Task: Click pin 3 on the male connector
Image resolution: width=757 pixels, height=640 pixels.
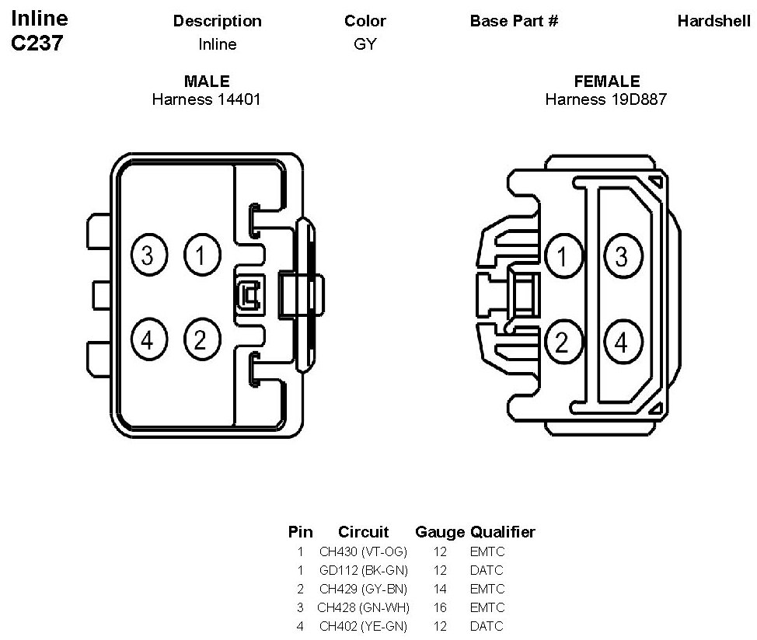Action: [149, 255]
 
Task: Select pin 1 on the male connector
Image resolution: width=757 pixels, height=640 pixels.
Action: [202, 255]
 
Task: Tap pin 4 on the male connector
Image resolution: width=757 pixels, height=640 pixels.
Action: [149, 339]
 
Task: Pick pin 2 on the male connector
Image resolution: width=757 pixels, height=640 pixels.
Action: [202, 339]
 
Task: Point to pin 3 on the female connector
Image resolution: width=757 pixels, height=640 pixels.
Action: [622, 256]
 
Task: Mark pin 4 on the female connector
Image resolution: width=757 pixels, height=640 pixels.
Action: [622, 342]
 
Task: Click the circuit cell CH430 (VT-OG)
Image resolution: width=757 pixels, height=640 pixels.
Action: [363, 552]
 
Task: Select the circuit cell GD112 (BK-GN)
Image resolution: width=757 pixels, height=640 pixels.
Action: [363, 571]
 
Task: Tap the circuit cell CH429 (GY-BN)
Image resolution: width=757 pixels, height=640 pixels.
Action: [363, 590]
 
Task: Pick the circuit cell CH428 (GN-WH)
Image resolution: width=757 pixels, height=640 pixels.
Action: [363, 607]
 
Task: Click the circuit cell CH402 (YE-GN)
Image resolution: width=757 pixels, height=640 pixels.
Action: [363, 626]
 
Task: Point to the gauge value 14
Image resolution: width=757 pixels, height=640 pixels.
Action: [440, 590]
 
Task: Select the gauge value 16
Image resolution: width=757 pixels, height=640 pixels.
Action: [440, 607]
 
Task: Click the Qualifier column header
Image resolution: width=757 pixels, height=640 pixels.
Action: [502, 532]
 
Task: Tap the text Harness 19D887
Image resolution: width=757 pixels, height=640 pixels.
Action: [606, 99]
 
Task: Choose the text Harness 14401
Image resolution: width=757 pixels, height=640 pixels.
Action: [206, 99]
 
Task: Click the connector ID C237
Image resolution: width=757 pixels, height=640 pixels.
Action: [37, 43]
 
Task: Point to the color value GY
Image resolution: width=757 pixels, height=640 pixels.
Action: [365, 44]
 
